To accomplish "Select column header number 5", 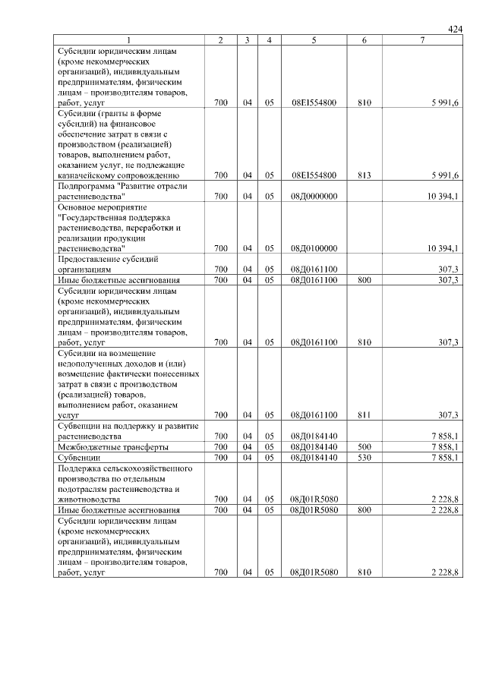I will click(314, 39).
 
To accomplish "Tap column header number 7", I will click(422, 39).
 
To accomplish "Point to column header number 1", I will click(128, 39).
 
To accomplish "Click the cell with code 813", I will click(364, 175).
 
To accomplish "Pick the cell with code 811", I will click(364, 415).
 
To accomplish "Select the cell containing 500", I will click(364, 447).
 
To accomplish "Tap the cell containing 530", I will click(364, 458).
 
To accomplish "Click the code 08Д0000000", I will click(314, 196).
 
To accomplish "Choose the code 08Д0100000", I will click(314, 247).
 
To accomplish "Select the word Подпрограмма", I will click(85, 185).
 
